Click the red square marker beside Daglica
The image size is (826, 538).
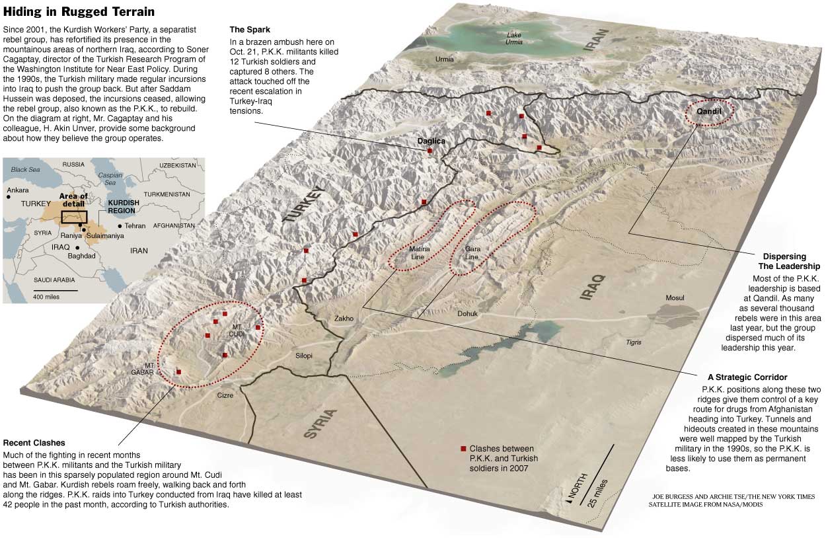430,151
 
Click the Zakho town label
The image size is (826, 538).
344,319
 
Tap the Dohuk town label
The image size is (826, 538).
467,314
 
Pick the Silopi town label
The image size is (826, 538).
304,356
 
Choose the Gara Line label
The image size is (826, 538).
472,252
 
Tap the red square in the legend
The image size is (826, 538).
463,449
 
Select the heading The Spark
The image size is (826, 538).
249,30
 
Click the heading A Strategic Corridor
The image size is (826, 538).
747,377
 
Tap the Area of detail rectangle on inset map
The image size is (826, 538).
74,216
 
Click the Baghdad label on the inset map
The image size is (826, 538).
81,255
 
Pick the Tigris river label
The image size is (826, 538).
634,342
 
